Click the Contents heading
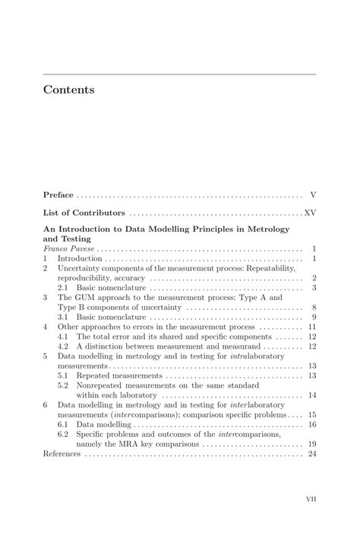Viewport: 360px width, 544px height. coord(69,90)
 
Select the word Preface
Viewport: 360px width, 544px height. coord(58,195)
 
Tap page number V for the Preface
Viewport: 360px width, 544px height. coord(313,195)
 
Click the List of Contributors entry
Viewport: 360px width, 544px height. coord(84,213)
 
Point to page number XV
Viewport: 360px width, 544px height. coord(310,213)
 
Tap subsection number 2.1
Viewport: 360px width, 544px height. coord(64,288)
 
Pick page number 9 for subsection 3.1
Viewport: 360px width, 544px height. coord(314,317)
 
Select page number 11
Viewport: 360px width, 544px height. coord(311,327)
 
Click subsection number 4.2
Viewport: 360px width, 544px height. coord(64,346)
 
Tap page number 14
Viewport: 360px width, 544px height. coord(311,395)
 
